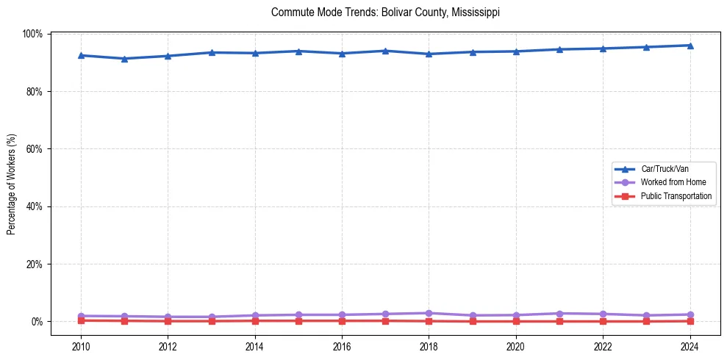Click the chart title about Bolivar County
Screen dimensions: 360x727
(385, 12)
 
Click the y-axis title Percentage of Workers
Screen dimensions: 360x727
(12, 184)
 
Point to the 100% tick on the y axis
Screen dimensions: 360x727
(32, 34)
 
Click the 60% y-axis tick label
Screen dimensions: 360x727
(34, 149)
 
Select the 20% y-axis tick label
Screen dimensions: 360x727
(34, 264)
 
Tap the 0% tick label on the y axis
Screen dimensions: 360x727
(37, 322)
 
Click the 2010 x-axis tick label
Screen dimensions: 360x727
(81, 346)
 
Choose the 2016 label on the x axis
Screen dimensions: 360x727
(342, 346)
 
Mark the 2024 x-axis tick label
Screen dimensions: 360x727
(690, 346)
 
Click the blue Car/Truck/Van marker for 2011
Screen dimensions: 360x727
(124, 59)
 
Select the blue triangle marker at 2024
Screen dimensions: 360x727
(690, 46)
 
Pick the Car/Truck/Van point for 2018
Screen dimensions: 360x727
(429, 54)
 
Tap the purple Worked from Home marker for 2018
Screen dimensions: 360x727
(429, 313)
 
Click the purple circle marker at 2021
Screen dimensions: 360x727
(559, 314)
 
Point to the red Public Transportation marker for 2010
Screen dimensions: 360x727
(81, 320)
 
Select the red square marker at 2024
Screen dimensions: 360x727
(690, 321)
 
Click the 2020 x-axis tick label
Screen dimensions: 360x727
(516, 346)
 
